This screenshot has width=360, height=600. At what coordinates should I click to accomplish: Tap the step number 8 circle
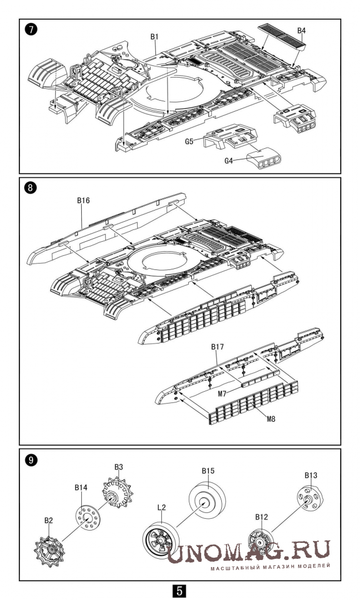pos(30,188)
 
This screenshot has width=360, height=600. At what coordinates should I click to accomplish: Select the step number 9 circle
pos(30,460)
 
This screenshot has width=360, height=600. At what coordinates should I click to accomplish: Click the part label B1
pos(154,36)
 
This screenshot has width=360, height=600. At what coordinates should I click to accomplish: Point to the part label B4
pos(301,30)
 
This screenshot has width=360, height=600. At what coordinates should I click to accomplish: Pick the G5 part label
pos(189,142)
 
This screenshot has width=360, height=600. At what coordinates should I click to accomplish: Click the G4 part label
pos(228,161)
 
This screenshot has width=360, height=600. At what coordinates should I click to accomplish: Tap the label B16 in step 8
pos(83,200)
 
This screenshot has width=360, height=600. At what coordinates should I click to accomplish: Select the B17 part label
pos(217,347)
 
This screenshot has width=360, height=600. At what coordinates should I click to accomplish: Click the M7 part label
pos(223,394)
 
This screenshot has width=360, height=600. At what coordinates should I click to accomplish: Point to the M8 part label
pos(271,419)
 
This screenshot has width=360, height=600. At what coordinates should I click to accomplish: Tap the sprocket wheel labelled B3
pos(116,492)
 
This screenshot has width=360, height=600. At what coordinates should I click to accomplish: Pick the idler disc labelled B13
pos(310,498)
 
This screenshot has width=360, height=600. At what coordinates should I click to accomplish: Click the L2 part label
pos(161,508)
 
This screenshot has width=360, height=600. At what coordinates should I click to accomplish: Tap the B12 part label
pos(262,517)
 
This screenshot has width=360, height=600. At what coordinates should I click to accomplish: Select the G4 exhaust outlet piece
pos(265,158)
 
